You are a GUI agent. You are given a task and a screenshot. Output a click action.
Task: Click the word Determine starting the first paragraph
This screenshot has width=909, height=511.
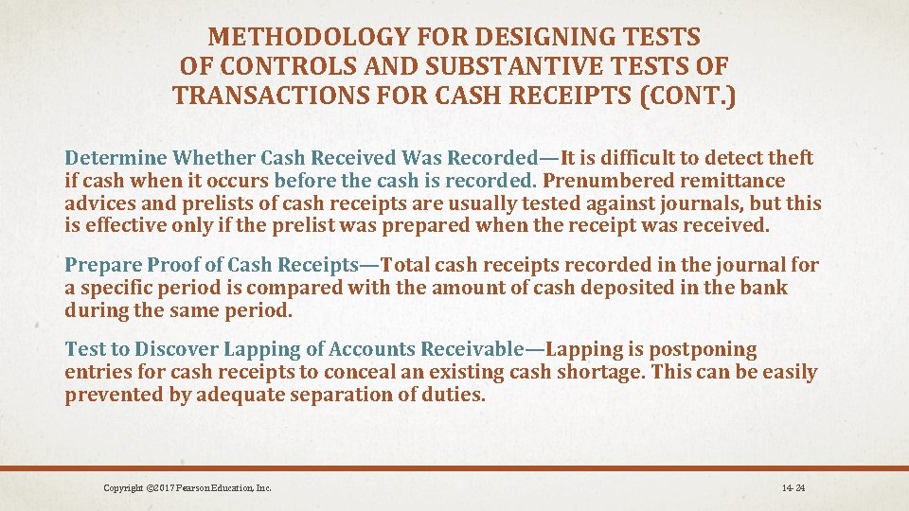[115, 158]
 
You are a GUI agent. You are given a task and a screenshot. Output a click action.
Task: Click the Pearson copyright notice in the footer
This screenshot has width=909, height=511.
[187, 488]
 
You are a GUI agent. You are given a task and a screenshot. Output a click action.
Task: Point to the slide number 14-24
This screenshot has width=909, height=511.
[793, 488]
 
